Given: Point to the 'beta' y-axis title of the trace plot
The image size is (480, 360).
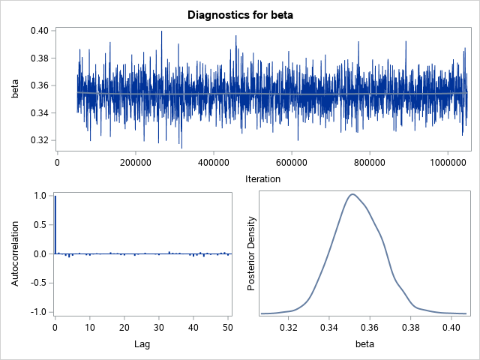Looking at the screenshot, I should (14, 88).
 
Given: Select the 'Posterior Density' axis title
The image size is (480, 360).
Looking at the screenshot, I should (253, 253).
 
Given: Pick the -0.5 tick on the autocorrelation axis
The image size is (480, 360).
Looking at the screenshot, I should (40, 283).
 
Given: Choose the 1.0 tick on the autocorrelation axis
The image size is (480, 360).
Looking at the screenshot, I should (40, 196).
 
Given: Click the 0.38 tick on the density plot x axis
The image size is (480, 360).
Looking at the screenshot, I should (411, 328).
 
